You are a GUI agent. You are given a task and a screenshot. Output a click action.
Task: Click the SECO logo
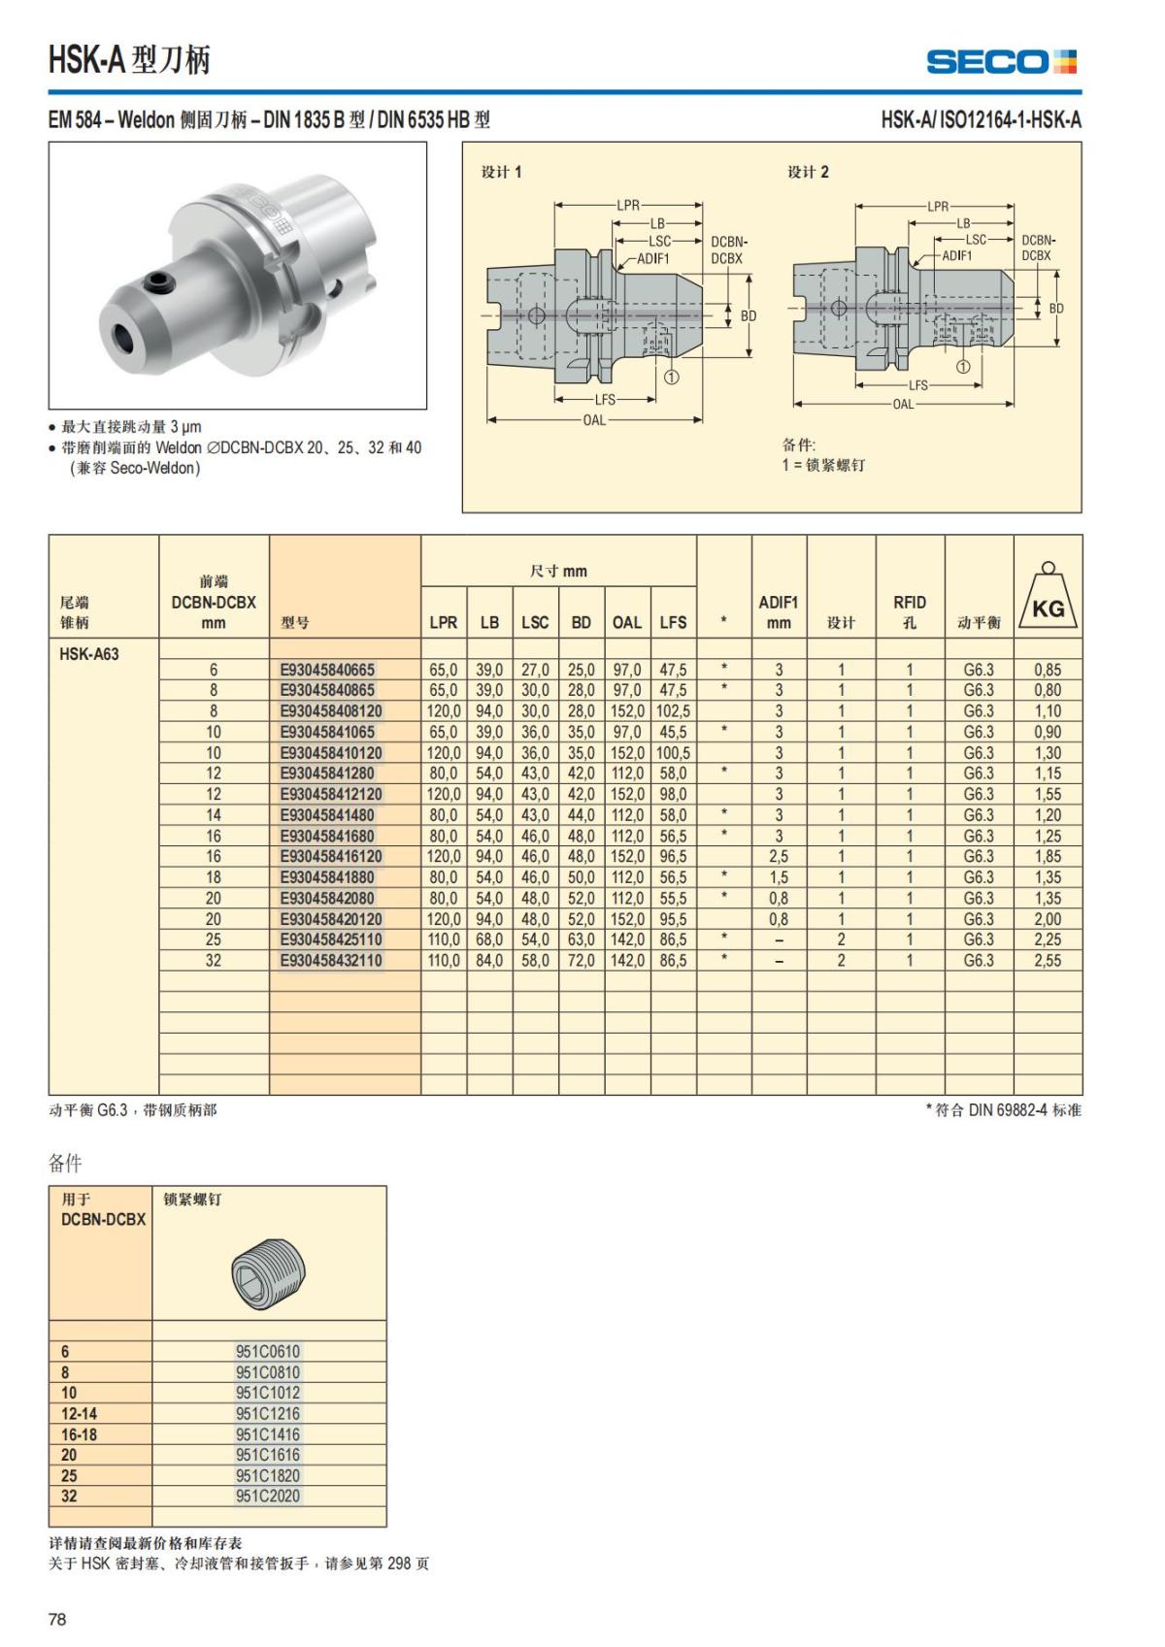(x=1001, y=62)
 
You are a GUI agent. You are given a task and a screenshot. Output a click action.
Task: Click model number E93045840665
(x=327, y=670)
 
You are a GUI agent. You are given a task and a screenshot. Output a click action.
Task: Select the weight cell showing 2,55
(x=1048, y=961)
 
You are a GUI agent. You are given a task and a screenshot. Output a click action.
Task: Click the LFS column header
(x=673, y=622)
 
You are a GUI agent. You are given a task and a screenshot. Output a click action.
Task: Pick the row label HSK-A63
(x=89, y=654)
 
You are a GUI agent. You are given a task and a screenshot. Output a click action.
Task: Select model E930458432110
(x=331, y=961)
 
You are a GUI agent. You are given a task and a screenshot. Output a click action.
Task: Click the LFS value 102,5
(x=673, y=711)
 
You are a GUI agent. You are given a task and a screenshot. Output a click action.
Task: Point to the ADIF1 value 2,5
(x=778, y=857)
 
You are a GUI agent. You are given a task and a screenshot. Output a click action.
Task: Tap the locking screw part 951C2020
(x=268, y=1496)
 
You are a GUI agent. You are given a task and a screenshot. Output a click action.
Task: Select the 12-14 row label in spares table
(x=79, y=1413)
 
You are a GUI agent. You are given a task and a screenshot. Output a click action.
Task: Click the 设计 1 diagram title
(x=502, y=172)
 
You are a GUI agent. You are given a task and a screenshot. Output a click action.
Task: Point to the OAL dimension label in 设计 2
(x=903, y=404)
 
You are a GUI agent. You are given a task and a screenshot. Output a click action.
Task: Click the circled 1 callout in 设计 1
(x=672, y=377)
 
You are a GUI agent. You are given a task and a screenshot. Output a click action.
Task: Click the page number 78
(x=57, y=1619)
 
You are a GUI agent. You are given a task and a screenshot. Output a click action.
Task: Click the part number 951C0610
(x=268, y=1351)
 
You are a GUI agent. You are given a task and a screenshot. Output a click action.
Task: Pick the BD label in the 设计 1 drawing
(x=749, y=315)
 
